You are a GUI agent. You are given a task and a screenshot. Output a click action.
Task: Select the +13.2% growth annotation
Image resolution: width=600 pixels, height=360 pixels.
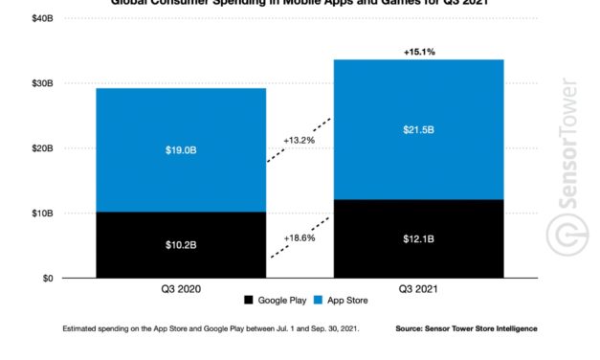300,140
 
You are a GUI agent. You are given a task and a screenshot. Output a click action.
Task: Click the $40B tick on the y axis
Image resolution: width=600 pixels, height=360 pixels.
41,18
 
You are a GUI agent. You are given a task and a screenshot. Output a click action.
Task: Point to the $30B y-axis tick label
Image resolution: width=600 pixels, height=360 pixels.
41,83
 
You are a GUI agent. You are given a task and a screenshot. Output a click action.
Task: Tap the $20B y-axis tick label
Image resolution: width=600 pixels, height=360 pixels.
41,148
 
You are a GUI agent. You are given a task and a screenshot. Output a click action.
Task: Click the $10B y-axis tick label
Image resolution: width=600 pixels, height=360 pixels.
41,213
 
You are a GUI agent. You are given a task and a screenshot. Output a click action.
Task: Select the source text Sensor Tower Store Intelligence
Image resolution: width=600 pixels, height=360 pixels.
465,328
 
